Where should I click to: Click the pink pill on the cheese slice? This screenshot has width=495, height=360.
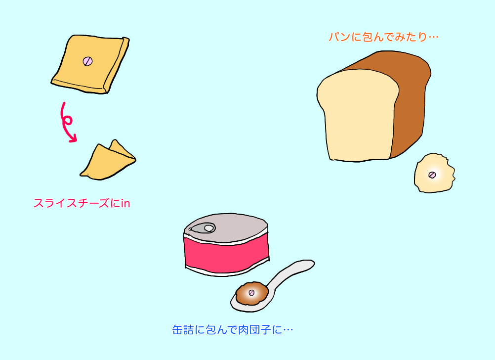click(88, 61)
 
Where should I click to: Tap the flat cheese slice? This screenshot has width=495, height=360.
click(90, 64)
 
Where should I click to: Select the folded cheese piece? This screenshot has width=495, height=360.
click(108, 160)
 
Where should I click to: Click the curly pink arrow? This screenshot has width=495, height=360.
click(66, 122)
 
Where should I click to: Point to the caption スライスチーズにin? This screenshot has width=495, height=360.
click(82, 203)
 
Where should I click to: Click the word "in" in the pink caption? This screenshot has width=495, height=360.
click(125, 204)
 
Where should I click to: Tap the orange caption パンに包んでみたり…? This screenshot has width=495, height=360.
click(383, 37)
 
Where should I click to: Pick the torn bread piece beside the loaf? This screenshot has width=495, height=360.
click(434, 173)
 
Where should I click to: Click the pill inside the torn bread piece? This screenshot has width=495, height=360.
click(432, 175)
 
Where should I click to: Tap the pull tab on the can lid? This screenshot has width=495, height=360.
click(202, 228)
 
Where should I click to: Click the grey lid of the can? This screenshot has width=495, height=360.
click(226, 228)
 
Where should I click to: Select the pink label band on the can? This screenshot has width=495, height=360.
click(227, 255)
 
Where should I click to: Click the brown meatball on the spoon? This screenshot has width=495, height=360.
click(252, 293)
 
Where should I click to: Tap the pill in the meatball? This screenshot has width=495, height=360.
click(251, 293)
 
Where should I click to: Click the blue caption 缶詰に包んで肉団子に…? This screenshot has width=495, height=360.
click(233, 330)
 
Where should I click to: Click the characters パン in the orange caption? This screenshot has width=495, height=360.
click(339, 37)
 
